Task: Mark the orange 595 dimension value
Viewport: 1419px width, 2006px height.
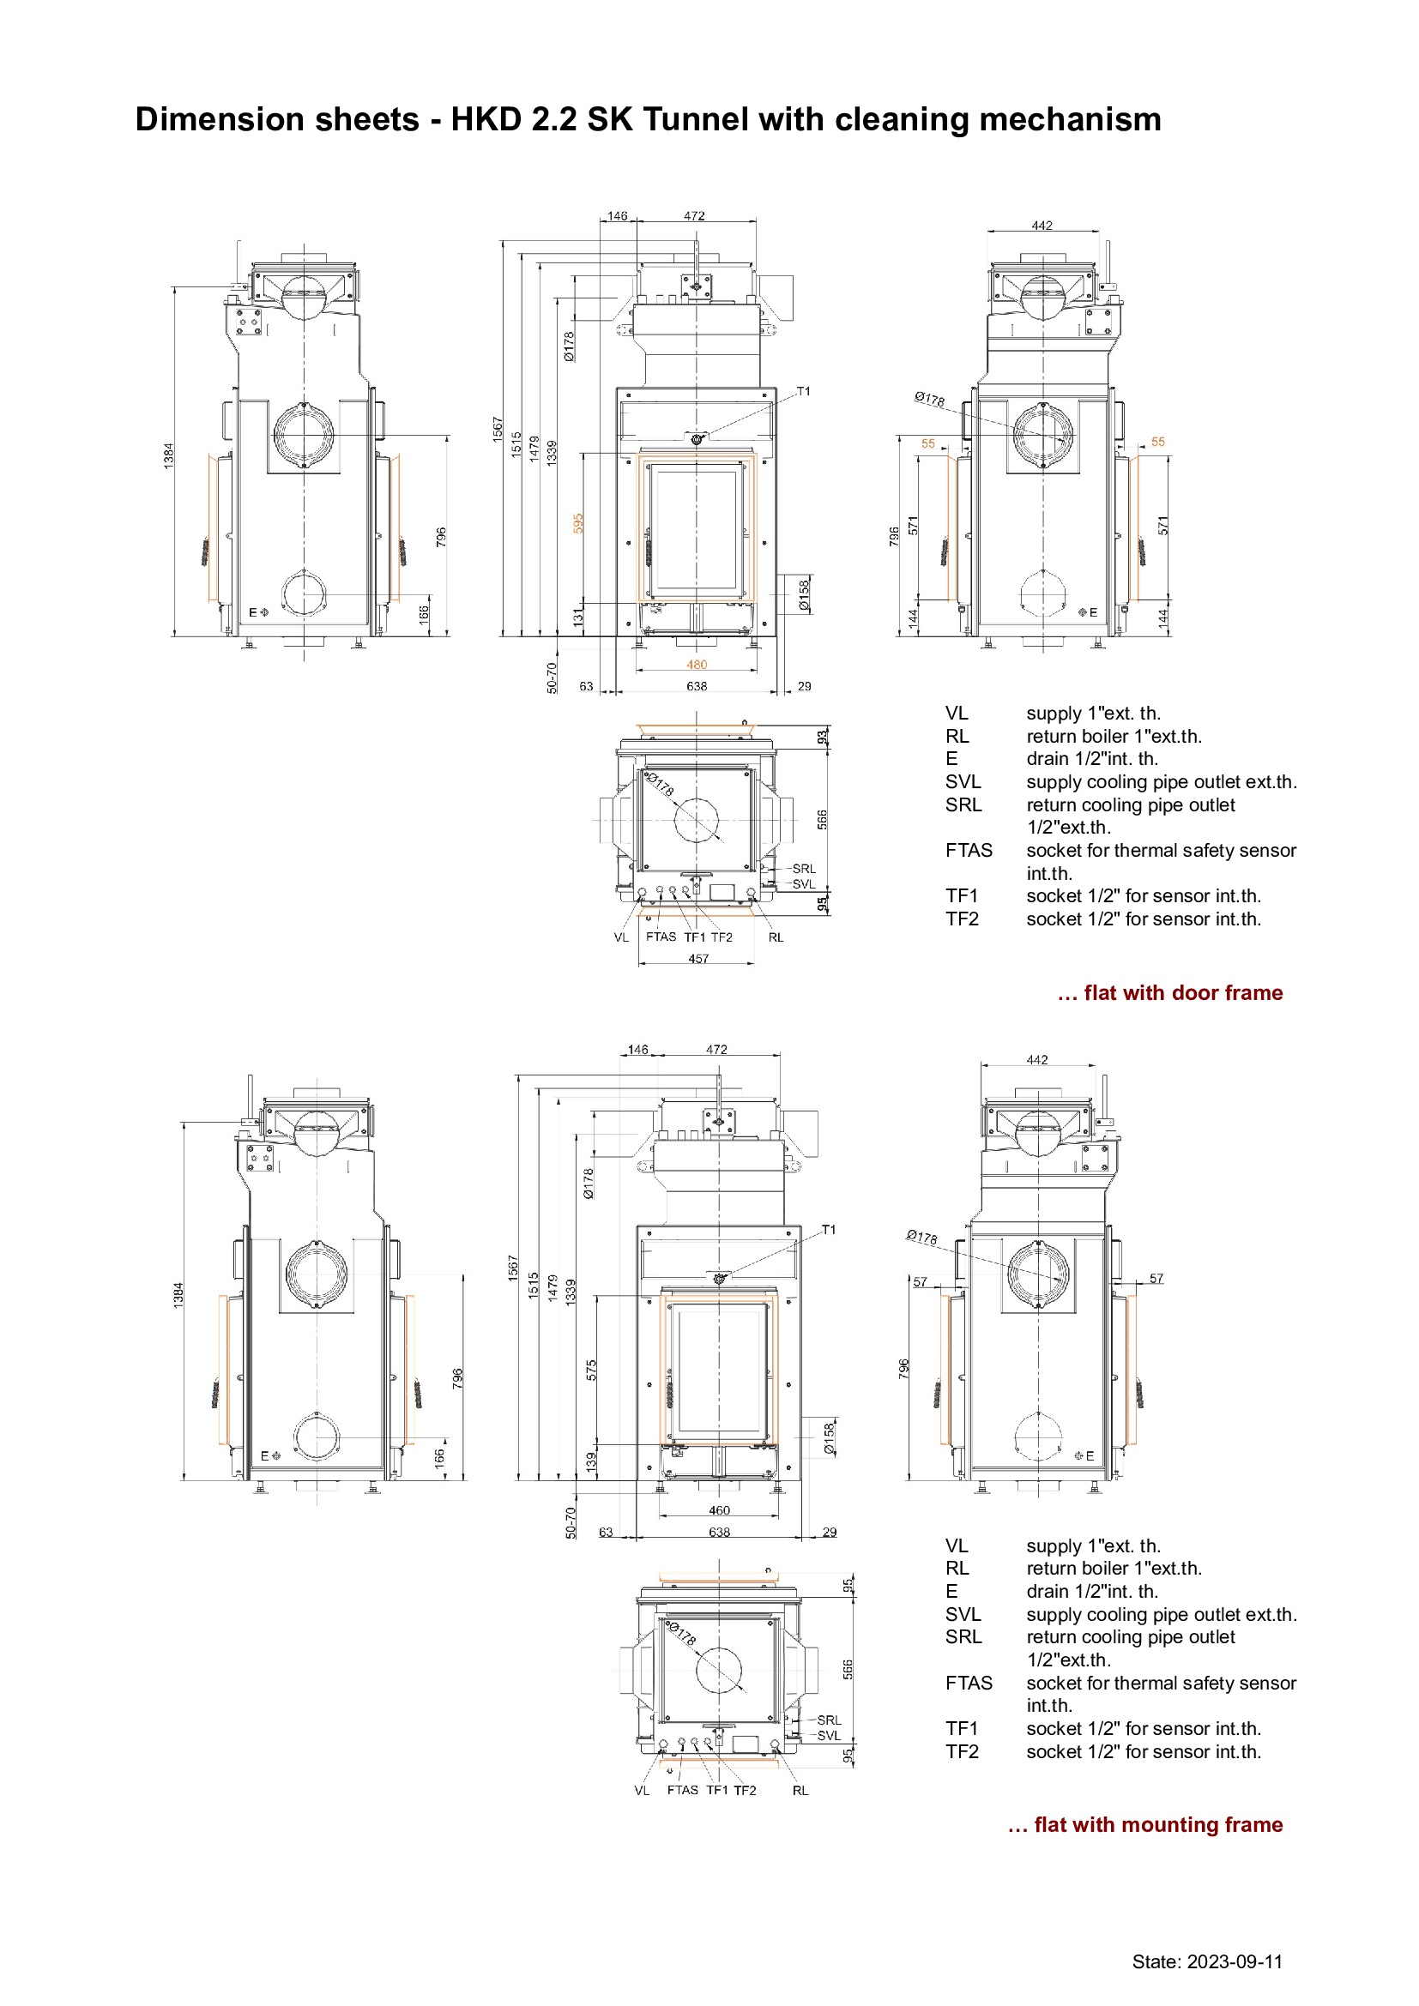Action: pyautogui.click(x=578, y=523)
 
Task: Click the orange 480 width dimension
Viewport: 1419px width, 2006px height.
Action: pyautogui.click(x=697, y=665)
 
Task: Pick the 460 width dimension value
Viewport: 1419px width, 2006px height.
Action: pyautogui.click(x=719, y=1509)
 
